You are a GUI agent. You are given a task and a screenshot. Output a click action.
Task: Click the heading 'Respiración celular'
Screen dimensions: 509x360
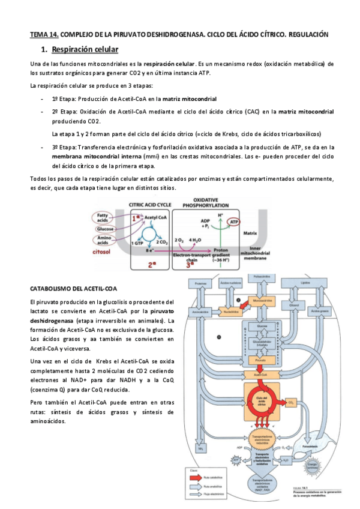[x=85, y=49]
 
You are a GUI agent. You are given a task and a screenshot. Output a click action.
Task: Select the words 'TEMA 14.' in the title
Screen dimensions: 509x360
[x=44, y=35]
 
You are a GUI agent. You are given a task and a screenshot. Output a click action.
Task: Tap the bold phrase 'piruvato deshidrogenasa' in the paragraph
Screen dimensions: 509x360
[x=102, y=316]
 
